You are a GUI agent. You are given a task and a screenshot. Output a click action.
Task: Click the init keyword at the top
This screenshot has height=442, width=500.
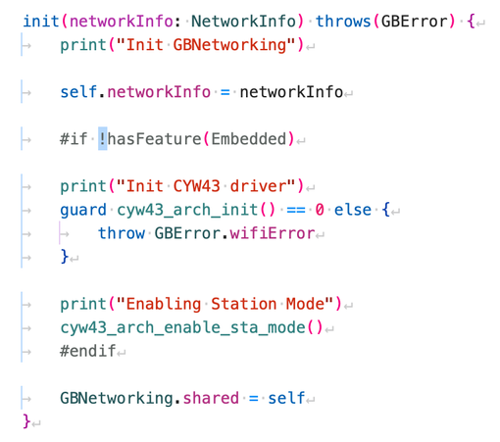[x=41, y=22]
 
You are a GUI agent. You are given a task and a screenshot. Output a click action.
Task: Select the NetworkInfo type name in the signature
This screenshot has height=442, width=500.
[x=243, y=22]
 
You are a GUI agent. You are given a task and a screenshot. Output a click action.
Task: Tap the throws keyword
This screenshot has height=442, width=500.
[x=343, y=22]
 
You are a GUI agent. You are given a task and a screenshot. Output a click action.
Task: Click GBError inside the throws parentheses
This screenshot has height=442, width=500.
[x=415, y=22]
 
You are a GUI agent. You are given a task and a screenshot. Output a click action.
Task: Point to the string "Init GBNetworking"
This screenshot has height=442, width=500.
[x=206, y=45]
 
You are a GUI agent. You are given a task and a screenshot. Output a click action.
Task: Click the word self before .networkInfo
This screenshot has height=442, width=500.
[x=78, y=92]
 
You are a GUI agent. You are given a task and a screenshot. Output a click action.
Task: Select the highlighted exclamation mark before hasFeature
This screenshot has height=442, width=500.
[x=103, y=139]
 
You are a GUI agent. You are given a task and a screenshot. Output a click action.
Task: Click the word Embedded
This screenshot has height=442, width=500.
[x=249, y=139]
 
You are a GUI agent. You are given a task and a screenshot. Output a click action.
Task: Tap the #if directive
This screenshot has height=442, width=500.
[x=74, y=139]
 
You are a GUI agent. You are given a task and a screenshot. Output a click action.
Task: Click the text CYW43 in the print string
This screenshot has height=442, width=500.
[x=196, y=186]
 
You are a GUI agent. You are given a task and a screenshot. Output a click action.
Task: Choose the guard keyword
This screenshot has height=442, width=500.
[x=83, y=210]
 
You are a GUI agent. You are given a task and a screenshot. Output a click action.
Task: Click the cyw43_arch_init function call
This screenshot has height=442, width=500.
[x=196, y=210]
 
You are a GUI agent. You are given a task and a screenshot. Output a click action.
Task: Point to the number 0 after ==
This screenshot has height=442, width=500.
[x=320, y=210]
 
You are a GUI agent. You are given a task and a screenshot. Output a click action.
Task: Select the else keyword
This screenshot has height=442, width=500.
[x=353, y=210]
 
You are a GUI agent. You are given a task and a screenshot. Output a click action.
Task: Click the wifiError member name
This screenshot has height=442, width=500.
[x=273, y=233]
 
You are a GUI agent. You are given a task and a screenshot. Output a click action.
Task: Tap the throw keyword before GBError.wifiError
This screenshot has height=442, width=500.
[x=122, y=233]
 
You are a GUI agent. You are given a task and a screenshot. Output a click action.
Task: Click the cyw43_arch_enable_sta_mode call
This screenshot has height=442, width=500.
[x=192, y=327]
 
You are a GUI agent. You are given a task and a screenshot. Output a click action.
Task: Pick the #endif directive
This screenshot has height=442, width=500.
[x=88, y=351]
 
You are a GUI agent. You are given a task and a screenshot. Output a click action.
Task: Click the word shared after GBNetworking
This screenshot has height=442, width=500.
[x=211, y=398]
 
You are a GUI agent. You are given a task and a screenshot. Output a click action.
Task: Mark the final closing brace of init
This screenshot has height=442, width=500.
[x=26, y=421]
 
